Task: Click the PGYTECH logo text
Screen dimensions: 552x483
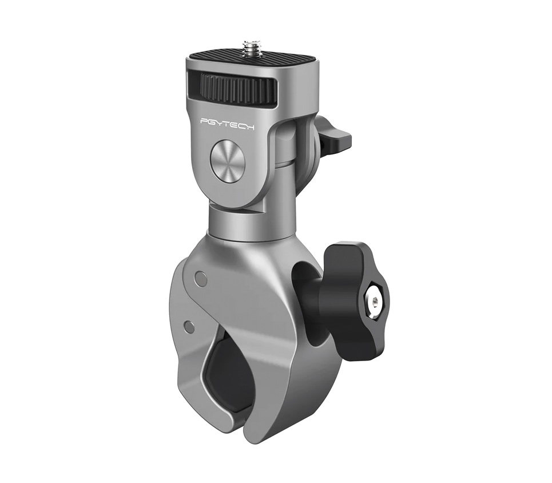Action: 227,123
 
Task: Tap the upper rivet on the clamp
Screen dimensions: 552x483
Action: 200,276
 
